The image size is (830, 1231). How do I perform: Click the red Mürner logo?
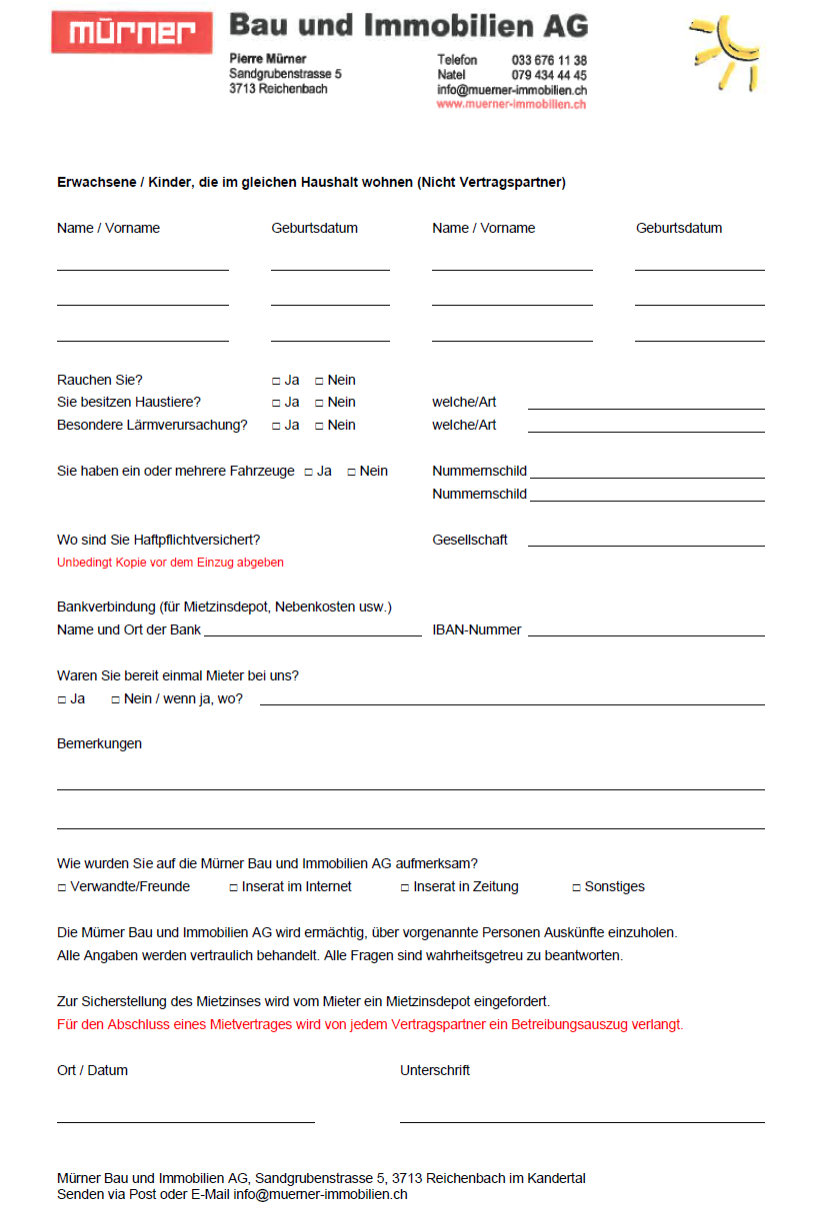click(132, 33)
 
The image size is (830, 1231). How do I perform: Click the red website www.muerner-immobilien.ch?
click(511, 104)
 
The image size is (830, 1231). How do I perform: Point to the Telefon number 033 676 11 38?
click(549, 61)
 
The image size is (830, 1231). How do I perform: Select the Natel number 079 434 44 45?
click(549, 76)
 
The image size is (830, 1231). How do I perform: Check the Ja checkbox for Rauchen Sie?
click(276, 381)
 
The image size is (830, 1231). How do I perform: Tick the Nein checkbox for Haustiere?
click(319, 403)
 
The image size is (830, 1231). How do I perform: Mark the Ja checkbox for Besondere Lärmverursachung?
click(276, 426)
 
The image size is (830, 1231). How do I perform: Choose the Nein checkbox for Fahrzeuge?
click(351, 472)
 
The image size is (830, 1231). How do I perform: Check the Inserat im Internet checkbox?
click(233, 887)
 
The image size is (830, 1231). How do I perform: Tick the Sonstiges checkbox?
click(576, 887)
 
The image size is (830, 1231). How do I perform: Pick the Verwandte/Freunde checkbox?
click(62, 887)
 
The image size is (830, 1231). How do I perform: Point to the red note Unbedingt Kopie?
click(170, 563)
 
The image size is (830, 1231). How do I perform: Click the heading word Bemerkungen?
click(99, 743)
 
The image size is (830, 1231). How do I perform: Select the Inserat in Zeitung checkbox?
click(405, 887)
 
